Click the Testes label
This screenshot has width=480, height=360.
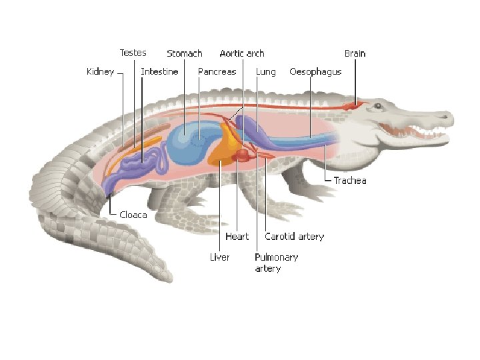click(x=133, y=53)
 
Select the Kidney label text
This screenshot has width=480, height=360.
click(x=100, y=71)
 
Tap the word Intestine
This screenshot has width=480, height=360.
click(x=159, y=71)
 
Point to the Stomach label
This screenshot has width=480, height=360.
click(x=184, y=53)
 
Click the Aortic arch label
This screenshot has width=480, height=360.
click(x=242, y=53)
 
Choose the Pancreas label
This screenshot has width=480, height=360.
click(x=217, y=71)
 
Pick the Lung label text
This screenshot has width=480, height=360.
click(x=267, y=71)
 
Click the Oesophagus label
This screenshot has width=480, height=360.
click(x=315, y=71)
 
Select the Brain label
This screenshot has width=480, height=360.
click(x=355, y=53)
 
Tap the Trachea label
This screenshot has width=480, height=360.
click(x=350, y=180)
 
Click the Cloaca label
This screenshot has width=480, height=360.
click(x=133, y=215)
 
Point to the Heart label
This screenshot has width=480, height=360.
click(x=237, y=236)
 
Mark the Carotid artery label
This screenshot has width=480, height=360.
click(x=294, y=236)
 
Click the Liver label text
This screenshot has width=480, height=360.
click(x=219, y=257)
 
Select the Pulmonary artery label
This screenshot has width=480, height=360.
click(x=276, y=262)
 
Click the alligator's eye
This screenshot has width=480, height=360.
click(x=378, y=105)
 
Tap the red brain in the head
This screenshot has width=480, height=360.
click(x=351, y=105)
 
